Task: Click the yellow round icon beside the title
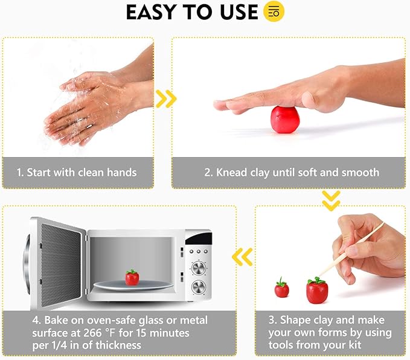(x=274, y=11)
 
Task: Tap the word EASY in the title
(x=150, y=12)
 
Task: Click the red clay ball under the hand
(x=285, y=120)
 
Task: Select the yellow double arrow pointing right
(x=166, y=99)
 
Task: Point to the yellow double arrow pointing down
(x=331, y=201)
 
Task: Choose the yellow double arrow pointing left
(x=242, y=257)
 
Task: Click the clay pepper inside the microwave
(x=132, y=277)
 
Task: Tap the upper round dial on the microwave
(x=199, y=268)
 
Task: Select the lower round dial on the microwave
(x=199, y=288)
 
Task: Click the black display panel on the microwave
(x=199, y=238)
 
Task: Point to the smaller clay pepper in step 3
(x=281, y=288)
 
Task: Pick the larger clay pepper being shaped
(x=317, y=290)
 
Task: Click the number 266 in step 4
(x=92, y=333)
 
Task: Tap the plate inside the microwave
(x=133, y=285)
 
